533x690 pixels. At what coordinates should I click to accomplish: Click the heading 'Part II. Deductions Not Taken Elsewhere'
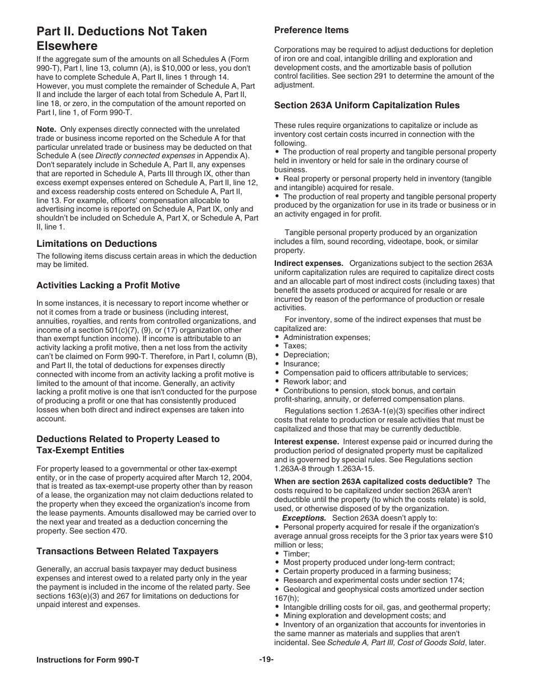pyautogui.click(x=122, y=39)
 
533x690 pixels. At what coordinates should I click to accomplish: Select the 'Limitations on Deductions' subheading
pyautogui.click(x=97, y=243)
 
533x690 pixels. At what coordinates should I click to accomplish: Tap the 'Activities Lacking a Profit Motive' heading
pyautogui.click(x=108, y=285)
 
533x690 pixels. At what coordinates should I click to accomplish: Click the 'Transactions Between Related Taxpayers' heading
pyautogui.click(x=127, y=551)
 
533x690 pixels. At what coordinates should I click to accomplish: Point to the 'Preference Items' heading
pyautogui.click(x=311, y=30)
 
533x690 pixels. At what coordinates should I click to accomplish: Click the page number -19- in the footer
pyautogui.click(x=266, y=659)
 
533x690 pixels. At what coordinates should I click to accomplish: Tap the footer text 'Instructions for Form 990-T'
pyautogui.click(x=88, y=660)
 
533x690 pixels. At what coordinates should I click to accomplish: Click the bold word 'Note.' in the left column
pyautogui.click(x=47, y=129)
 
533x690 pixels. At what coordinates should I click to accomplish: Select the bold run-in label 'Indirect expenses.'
pyautogui.click(x=309, y=263)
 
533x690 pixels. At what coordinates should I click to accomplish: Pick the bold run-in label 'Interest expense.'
pyautogui.click(x=306, y=442)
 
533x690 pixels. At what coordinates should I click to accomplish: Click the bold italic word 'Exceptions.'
pyautogui.click(x=304, y=518)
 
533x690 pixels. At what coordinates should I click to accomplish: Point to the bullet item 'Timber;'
pyautogui.click(x=296, y=554)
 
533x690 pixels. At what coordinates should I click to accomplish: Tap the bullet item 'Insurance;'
pyautogui.click(x=301, y=364)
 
